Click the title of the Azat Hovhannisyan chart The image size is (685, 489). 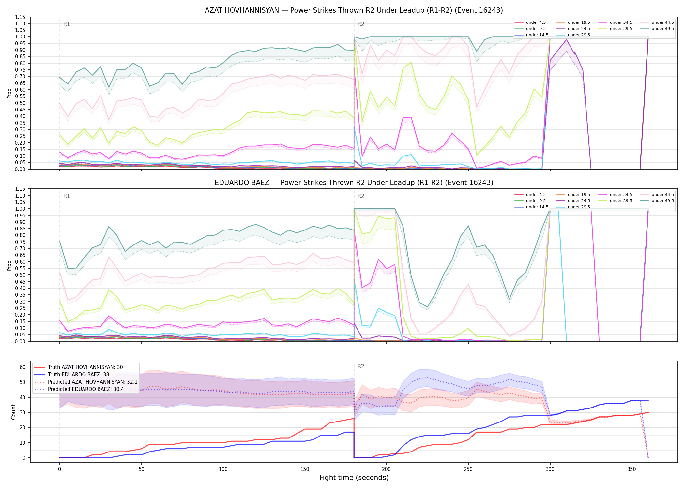pos(354,10)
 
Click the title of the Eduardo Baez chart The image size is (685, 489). pos(354,183)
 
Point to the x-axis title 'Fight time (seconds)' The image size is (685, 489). pos(354,478)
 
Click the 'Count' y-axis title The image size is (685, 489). pos(13,412)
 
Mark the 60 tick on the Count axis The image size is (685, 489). pos(23,367)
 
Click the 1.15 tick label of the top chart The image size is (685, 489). pos(20,17)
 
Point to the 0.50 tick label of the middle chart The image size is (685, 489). pos(20,275)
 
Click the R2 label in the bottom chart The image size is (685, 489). pos(361,366)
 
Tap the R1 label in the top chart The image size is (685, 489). pos(67,24)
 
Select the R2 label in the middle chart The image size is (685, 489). pos(361,196)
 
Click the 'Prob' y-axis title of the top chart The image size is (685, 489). pos(9,93)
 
